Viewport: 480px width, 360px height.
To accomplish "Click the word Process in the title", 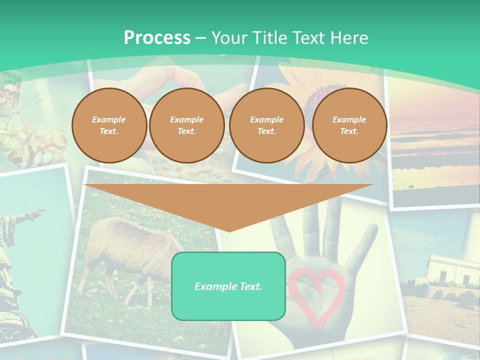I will [x=157, y=37].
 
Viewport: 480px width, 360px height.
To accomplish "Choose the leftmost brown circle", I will [x=109, y=125].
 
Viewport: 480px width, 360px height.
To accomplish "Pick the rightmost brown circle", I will [x=349, y=125].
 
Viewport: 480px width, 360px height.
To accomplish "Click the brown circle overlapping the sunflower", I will [x=266, y=125].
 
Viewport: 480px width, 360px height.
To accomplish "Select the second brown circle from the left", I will [x=186, y=125].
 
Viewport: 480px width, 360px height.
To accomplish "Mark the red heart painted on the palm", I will [x=316, y=292].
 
